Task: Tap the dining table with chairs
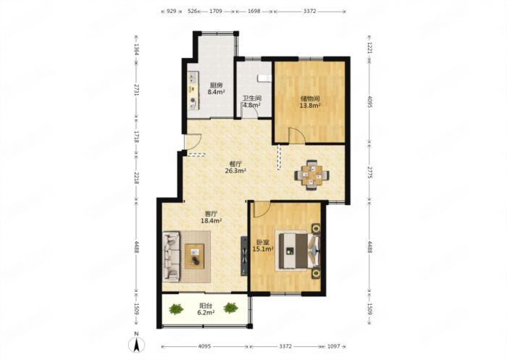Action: [x=312, y=175]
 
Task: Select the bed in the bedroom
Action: [x=298, y=251]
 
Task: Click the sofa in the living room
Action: [x=172, y=256]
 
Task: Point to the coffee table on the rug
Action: [x=194, y=256]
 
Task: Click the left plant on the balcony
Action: [x=176, y=309]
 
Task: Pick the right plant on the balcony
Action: [x=230, y=308]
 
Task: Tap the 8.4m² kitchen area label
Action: [x=216, y=92]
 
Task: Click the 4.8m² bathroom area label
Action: [x=252, y=105]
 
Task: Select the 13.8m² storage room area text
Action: [x=310, y=106]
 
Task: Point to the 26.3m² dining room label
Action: [x=235, y=171]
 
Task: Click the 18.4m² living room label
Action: [x=211, y=221]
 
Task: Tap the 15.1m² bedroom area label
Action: [x=263, y=249]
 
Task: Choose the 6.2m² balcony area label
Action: [x=206, y=313]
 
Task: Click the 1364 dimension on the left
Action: [x=136, y=49]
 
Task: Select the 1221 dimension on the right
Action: [x=371, y=49]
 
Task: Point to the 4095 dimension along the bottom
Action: [x=204, y=346]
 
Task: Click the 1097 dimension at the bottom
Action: [x=334, y=346]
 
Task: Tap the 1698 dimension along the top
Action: [x=253, y=12]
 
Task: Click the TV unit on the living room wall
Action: [x=244, y=256]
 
